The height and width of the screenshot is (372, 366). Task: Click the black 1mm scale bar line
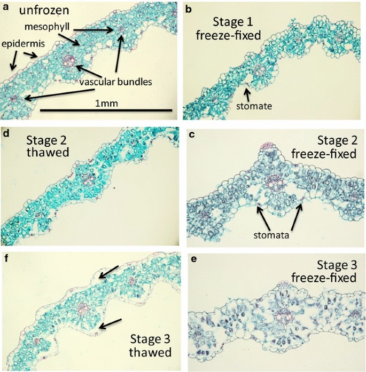[x=106, y=110]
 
